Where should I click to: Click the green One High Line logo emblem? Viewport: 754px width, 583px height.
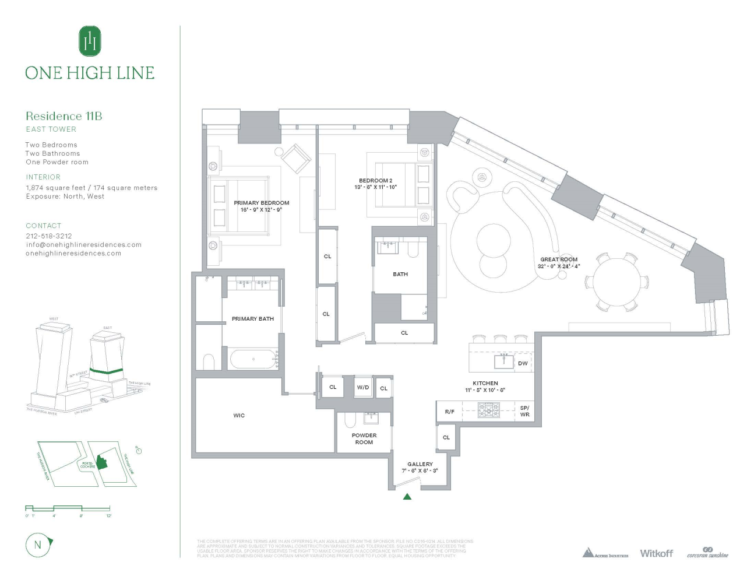click(90, 41)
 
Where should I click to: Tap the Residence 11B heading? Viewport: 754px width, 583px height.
click(64, 116)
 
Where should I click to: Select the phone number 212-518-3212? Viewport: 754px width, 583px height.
click(49, 236)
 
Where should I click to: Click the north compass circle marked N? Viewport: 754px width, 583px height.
click(38, 545)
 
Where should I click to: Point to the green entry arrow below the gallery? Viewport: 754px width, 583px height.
click(407, 497)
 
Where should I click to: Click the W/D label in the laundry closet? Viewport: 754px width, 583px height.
click(363, 387)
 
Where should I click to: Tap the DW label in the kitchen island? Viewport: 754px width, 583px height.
click(523, 363)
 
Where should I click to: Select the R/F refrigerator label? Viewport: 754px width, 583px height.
click(450, 412)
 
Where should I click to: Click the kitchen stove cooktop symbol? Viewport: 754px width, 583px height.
click(488, 411)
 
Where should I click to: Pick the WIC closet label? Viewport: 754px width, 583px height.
click(239, 416)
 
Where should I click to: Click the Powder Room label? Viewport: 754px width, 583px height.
click(364, 439)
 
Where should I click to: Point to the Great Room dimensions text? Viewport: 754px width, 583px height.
click(559, 266)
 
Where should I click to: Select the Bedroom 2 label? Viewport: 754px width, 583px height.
click(376, 181)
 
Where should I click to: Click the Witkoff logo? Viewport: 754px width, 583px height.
click(656, 553)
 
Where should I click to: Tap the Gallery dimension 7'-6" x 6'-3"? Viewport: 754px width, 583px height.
click(420, 470)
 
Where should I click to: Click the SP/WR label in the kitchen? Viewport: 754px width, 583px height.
click(524, 411)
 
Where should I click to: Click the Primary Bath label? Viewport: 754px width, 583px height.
click(253, 319)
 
